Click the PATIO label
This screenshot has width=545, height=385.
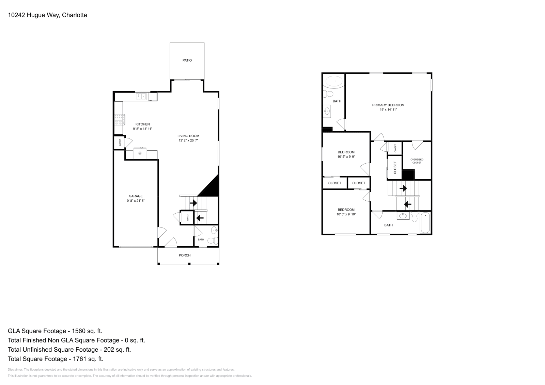[x=187, y=60]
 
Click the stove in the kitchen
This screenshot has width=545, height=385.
[x=119, y=119]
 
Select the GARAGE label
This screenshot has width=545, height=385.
[x=136, y=196]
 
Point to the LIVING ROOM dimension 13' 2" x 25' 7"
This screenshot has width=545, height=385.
[x=188, y=140]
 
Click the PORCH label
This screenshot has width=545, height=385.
[x=185, y=255]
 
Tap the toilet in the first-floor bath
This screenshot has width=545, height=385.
[x=213, y=241]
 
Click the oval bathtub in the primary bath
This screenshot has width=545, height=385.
[x=334, y=81]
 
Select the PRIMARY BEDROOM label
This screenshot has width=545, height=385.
[x=388, y=105]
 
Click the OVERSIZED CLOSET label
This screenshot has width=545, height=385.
[x=417, y=161]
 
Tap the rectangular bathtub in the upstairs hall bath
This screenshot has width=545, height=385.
[x=425, y=223]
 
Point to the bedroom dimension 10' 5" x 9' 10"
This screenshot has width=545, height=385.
[x=346, y=214]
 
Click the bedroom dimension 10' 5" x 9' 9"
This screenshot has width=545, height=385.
[x=346, y=157]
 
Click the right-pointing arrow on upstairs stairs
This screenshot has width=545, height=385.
[x=403, y=188]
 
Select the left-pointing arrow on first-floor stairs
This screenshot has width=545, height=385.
[x=200, y=218]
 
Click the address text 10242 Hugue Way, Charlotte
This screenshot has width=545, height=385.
[x=47, y=15]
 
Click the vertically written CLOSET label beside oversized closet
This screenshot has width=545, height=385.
[x=395, y=168]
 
